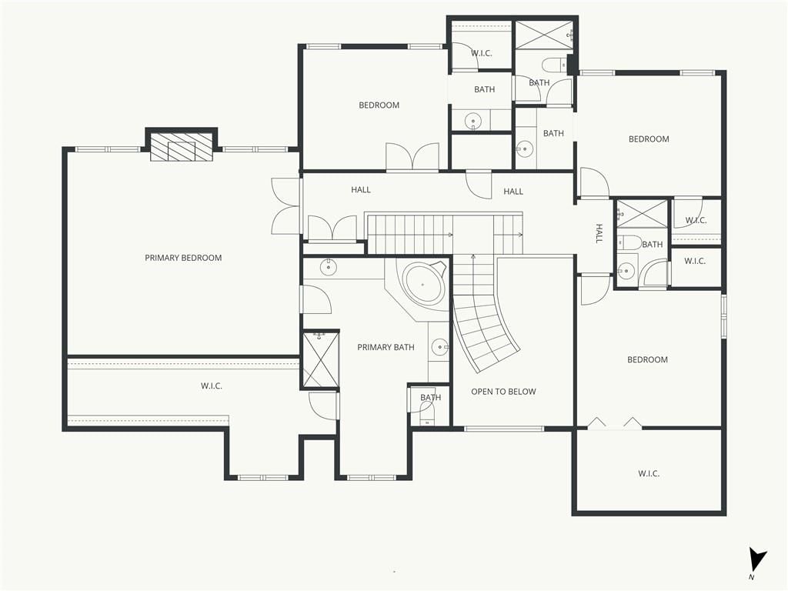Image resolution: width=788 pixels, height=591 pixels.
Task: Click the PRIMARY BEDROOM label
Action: (x=183, y=258)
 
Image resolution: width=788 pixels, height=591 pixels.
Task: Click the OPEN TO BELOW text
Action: (x=503, y=392)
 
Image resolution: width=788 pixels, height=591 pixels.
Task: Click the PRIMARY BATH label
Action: (x=386, y=347)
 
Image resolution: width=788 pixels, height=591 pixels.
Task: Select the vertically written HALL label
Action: (x=599, y=234)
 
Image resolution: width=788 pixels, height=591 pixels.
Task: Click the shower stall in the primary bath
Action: (x=321, y=359)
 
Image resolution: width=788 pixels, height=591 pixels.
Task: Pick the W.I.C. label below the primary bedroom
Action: (x=211, y=386)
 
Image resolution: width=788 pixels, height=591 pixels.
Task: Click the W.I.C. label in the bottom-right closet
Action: (x=648, y=473)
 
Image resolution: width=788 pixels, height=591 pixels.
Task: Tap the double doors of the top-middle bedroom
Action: (x=412, y=156)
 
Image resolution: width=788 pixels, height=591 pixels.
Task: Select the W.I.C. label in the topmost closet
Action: (x=481, y=53)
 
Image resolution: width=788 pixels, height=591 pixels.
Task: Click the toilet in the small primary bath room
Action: (x=427, y=416)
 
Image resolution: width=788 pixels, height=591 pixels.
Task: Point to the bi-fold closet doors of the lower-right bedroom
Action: (x=615, y=423)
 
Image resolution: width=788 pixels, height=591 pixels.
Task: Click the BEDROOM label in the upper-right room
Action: (x=649, y=139)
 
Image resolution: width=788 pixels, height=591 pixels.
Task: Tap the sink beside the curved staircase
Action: (x=440, y=347)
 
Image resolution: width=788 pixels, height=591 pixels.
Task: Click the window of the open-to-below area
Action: (x=503, y=429)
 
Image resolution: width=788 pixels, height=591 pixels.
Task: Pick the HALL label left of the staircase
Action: (x=360, y=190)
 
